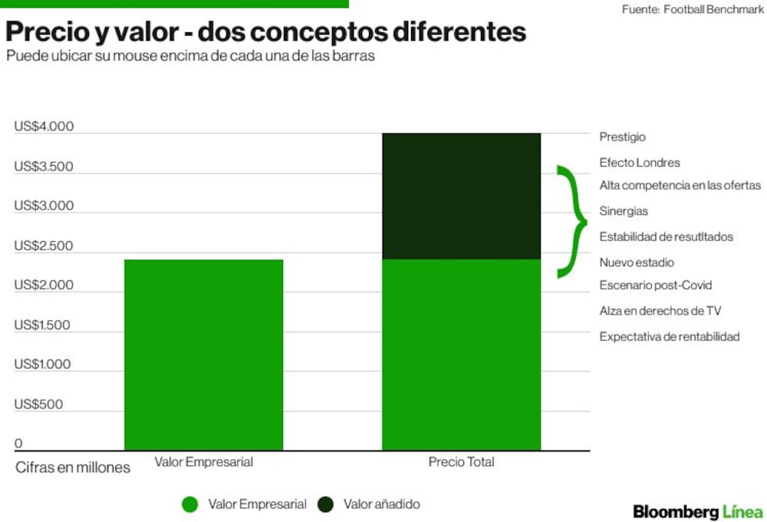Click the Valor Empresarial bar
(x=203, y=355)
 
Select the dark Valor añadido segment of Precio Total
(x=461, y=197)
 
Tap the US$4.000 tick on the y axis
(x=44, y=127)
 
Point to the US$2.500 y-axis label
(x=44, y=246)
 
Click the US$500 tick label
(x=38, y=404)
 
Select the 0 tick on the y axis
(x=18, y=443)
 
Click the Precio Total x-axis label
(x=461, y=462)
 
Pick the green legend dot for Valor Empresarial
(x=189, y=504)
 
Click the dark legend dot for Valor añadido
(x=325, y=504)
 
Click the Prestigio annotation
(x=622, y=137)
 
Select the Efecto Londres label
(x=640, y=163)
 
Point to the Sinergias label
(x=624, y=211)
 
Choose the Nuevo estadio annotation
(x=637, y=263)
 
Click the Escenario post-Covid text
(x=656, y=285)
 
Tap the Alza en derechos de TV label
(x=660, y=311)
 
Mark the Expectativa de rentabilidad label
(x=669, y=337)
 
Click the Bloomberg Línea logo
(x=698, y=512)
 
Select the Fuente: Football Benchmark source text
(x=693, y=9)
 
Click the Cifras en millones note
(x=73, y=467)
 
